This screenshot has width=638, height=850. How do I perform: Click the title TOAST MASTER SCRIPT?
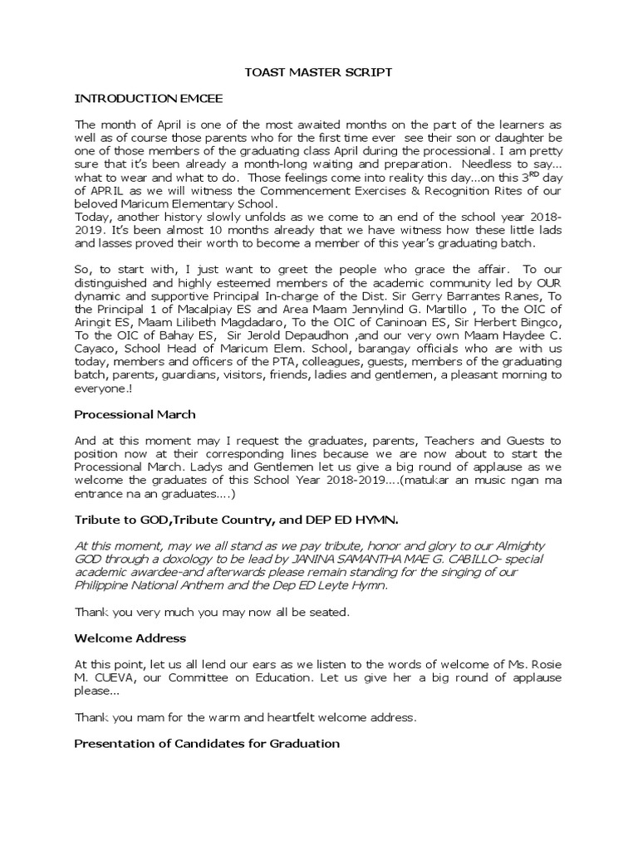click(x=318, y=73)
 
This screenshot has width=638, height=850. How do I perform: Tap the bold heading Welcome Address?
click(x=130, y=638)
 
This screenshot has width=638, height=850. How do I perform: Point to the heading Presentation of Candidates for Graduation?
click(x=207, y=743)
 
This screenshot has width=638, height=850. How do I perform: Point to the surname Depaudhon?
click(x=319, y=348)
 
